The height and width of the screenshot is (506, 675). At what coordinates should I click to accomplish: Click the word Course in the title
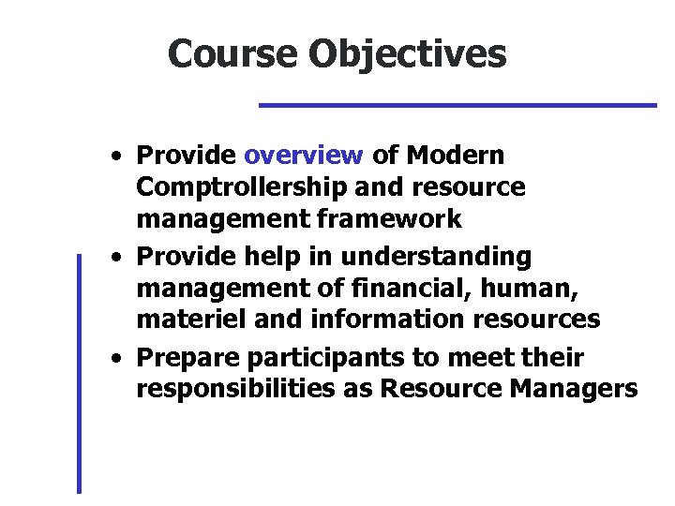tap(232, 53)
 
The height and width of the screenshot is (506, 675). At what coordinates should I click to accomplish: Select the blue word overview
tap(303, 154)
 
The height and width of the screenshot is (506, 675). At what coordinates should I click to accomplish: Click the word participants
tap(320, 357)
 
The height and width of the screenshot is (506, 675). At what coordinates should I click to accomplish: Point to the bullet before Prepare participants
tap(114, 358)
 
